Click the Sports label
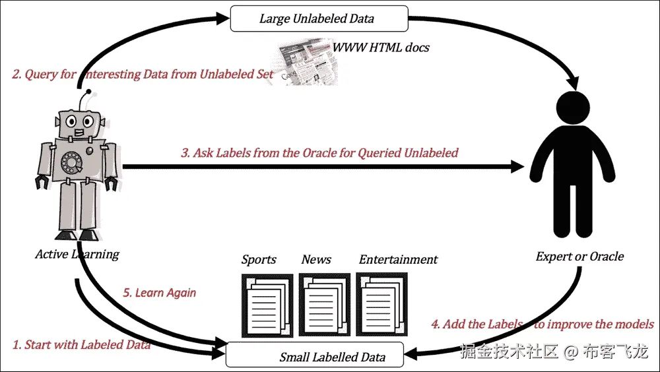[x=259, y=259]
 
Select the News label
[x=316, y=259]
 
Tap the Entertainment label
[x=398, y=259]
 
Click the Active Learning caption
[x=77, y=254]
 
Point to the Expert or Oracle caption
[x=579, y=256]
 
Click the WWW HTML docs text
[x=381, y=47]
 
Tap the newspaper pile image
[x=304, y=65]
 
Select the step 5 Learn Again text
[x=160, y=292]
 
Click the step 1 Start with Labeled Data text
[x=82, y=344]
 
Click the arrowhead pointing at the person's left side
[x=517, y=167]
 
